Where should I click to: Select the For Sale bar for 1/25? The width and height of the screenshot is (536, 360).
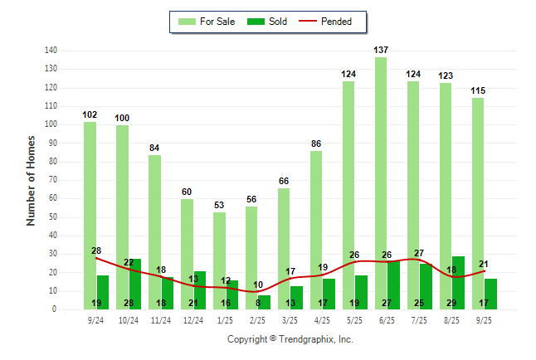pos(219,260)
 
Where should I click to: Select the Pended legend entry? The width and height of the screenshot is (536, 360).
pos(335,22)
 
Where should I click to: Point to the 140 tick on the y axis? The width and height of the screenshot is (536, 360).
pos(51,50)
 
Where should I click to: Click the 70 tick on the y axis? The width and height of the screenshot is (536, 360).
pos(53,180)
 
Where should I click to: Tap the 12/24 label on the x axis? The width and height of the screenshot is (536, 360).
pos(192,319)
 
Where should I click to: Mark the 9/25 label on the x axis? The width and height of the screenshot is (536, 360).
pos(484,319)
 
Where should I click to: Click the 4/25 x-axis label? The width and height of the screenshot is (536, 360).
pos(322,319)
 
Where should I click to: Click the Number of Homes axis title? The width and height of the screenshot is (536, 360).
pos(31,179)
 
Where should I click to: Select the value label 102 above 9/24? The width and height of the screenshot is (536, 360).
pos(90,114)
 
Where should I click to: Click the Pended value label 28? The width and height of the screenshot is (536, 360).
pos(95,251)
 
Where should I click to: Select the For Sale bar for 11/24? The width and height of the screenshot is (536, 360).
pos(154,232)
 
